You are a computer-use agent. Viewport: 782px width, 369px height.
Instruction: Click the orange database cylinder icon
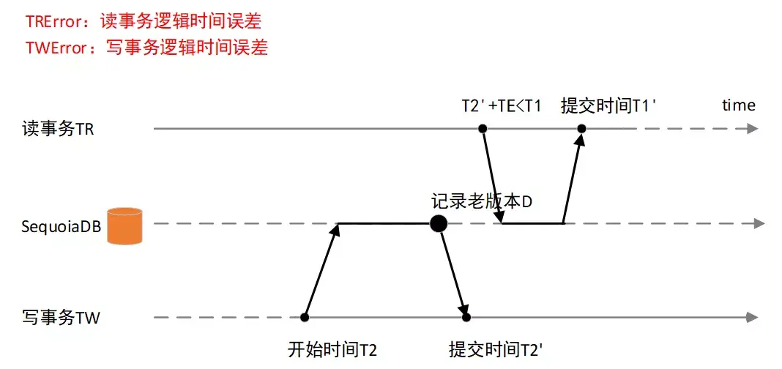click(x=124, y=224)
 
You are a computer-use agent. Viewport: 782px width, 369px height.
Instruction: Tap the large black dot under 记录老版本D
click(x=438, y=223)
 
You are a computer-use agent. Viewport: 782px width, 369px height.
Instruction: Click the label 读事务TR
click(x=58, y=130)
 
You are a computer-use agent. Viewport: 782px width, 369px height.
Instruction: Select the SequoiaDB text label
click(x=62, y=225)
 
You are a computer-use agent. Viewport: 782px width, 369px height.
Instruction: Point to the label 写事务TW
click(x=61, y=318)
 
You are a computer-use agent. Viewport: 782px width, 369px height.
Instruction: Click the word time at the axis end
click(x=738, y=105)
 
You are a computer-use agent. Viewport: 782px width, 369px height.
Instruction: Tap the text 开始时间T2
click(x=333, y=349)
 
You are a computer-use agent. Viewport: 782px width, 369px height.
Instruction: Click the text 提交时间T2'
click(x=496, y=349)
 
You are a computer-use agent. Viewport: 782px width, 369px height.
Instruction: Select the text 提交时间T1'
click(x=608, y=105)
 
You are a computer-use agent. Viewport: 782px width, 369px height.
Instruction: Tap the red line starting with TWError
click(x=146, y=48)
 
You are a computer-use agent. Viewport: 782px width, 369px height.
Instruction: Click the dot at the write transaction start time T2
click(x=305, y=317)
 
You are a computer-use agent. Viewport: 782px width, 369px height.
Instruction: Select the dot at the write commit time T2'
click(x=466, y=317)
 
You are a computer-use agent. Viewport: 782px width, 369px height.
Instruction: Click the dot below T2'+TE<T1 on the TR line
click(x=483, y=129)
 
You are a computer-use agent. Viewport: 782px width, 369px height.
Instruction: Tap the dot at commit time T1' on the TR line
click(x=581, y=129)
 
